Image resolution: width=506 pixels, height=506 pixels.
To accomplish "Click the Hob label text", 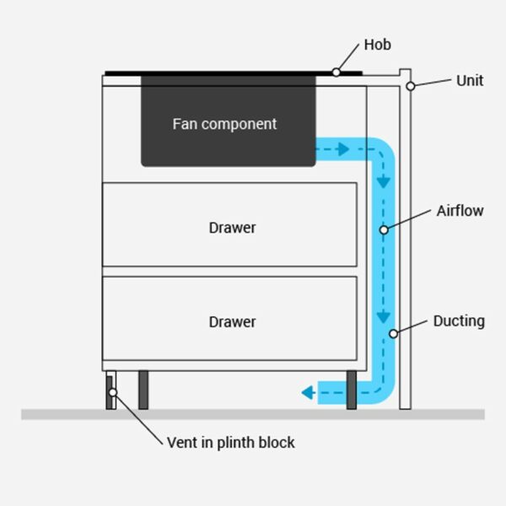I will click(378, 45).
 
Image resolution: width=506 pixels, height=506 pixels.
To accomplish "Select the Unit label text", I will click(470, 81).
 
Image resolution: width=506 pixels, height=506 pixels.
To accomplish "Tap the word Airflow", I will click(460, 211).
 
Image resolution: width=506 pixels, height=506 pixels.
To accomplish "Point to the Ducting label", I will click(459, 320).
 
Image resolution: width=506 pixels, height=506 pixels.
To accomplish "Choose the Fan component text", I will click(224, 124).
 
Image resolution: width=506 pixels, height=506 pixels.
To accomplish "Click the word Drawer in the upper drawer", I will click(232, 228).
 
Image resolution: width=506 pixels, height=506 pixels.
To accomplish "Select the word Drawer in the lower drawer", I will click(232, 321).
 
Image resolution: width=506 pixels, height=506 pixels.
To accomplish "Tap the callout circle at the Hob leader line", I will click(336, 73).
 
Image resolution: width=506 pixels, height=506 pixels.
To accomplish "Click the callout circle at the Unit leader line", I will click(410, 86).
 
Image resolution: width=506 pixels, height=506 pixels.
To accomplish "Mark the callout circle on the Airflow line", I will click(384, 229).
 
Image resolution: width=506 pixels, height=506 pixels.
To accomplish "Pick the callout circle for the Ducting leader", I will click(393, 334).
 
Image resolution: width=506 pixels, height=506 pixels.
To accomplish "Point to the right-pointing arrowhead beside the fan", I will click(343, 150).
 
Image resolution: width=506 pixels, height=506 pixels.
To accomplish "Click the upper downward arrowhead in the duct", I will click(384, 181).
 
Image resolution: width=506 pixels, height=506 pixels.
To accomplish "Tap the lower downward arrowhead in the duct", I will click(384, 319).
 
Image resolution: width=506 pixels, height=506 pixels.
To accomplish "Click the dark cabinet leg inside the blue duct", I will click(352, 390).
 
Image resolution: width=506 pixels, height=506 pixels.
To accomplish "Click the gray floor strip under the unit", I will click(253, 414).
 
